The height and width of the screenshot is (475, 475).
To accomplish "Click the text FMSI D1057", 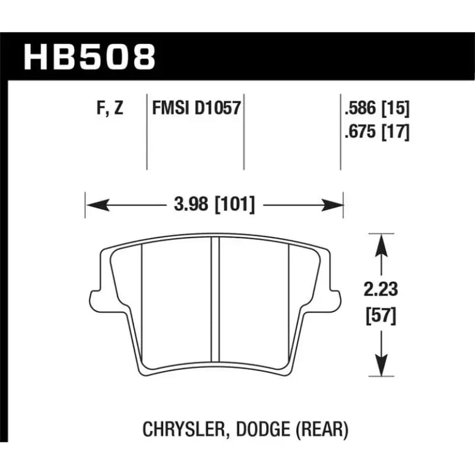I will (x=195, y=109).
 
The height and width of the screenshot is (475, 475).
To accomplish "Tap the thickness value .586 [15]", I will (x=376, y=109).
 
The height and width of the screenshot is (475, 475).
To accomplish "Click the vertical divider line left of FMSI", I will (x=147, y=131).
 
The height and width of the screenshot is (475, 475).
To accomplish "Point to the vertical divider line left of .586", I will (x=340, y=131).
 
